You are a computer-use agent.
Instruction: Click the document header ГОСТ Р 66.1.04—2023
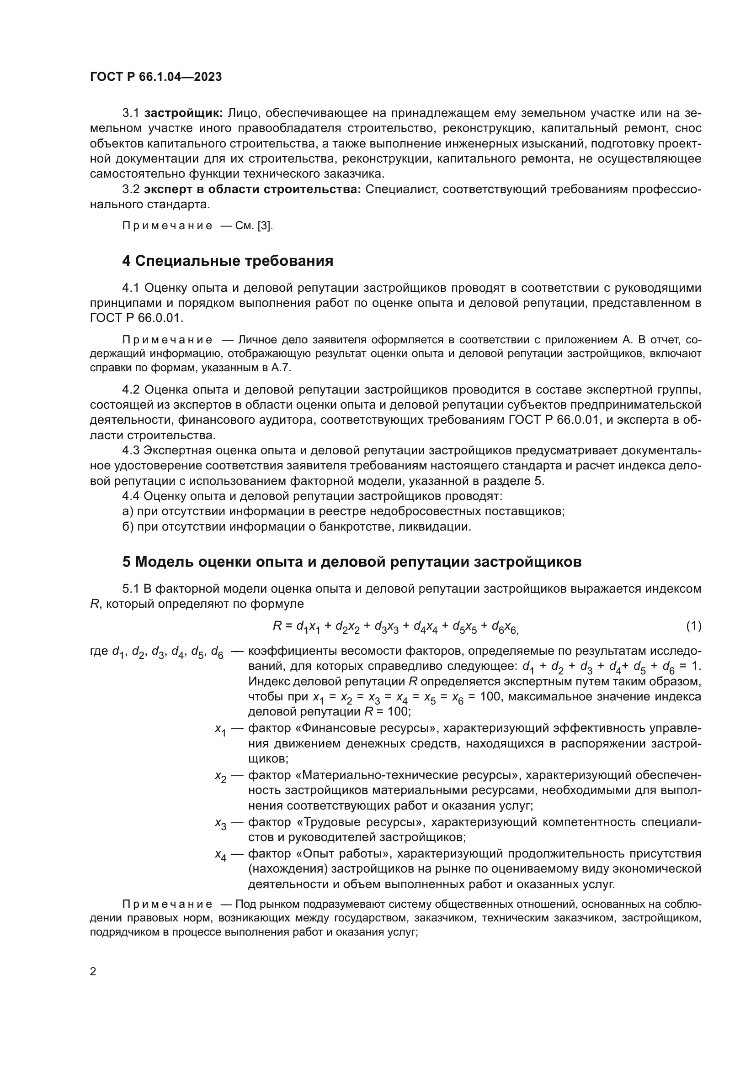[156, 77]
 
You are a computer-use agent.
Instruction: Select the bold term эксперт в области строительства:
[252, 189]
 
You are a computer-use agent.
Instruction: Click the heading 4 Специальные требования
[228, 261]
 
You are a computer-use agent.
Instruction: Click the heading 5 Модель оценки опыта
[351, 562]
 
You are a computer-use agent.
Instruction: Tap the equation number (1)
[693, 626]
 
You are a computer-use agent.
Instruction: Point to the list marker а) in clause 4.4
[128, 512]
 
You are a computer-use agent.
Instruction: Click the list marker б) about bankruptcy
[128, 527]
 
